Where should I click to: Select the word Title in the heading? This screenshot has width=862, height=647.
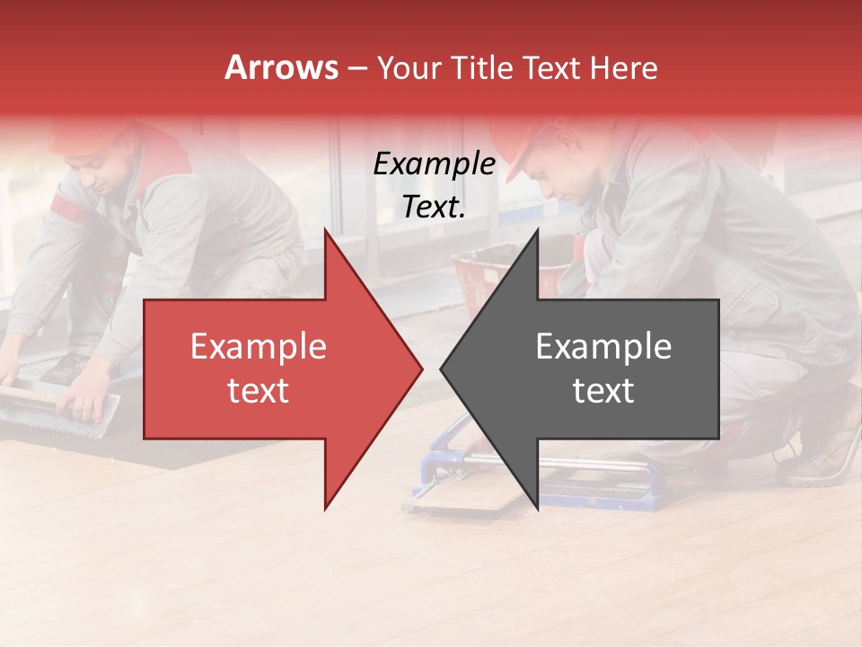(482, 67)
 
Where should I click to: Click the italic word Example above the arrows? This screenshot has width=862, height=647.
(434, 164)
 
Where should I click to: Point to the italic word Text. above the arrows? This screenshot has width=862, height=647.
(434, 208)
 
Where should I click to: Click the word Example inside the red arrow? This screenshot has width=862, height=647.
(258, 347)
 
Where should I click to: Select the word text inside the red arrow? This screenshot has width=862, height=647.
(258, 391)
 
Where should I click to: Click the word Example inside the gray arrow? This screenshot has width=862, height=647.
(603, 347)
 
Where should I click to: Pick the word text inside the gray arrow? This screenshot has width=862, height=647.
(603, 391)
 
